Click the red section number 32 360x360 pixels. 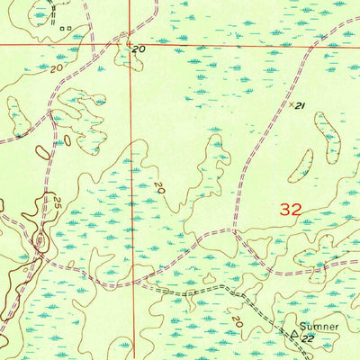[291, 209]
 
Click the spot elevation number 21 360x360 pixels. [300, 106]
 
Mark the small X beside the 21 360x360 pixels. [292, 103]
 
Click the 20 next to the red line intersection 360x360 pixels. [139, 49]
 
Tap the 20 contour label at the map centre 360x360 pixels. [158, 188]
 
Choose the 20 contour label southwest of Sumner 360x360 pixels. [237, 320]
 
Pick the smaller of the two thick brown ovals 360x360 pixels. [66, 140]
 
